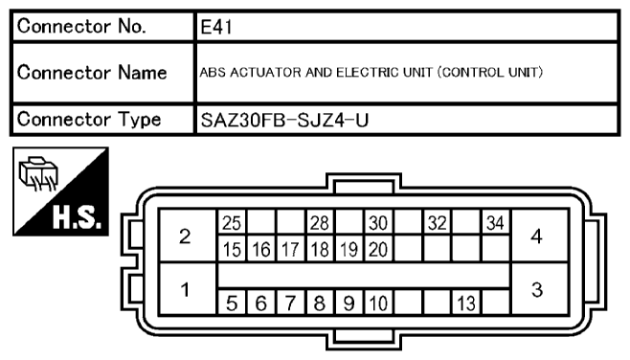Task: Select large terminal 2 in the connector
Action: coord(186,236)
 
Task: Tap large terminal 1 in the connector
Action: coord(186,288)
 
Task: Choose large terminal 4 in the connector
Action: coord(537,236)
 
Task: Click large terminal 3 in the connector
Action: coord(537,288)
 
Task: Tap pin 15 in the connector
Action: coord(231,250)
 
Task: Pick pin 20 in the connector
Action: coord(377,250)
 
